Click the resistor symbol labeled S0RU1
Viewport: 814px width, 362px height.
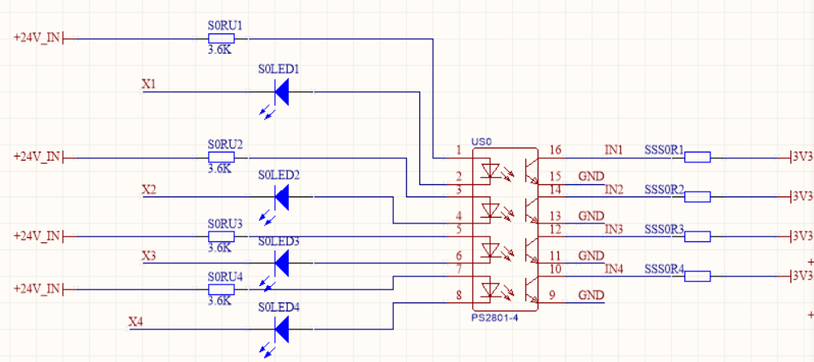coord(222,38)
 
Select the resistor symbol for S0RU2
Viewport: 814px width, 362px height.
coord(222,157)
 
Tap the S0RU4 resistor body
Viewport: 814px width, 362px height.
coord(222,289)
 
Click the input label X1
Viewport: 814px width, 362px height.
coord(149,85)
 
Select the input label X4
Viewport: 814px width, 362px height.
coord(136,321)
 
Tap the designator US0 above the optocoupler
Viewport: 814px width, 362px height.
coord(482,142)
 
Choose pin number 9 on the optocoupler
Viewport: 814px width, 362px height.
coord(551,295)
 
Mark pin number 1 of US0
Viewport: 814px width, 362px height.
coord(459,150)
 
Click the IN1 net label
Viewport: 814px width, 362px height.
coord(613,150)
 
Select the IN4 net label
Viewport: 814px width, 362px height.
coord(613,269)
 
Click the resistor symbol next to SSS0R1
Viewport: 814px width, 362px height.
coord(697,157)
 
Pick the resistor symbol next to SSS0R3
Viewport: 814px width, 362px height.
coord(697,236)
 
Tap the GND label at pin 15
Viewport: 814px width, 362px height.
coord(591,176)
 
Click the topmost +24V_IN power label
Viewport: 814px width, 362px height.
coord(37,38)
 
